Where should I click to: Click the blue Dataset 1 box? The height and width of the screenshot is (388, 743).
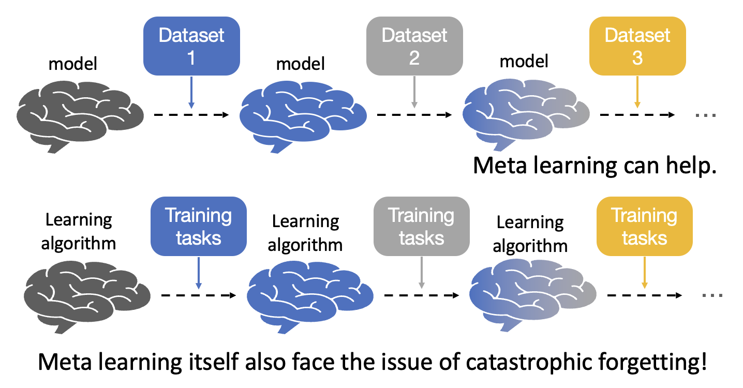(x=191, y=46)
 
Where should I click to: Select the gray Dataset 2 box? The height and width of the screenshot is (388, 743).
(x=414, y=46)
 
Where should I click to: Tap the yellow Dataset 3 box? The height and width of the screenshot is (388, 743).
(x=637, y=46)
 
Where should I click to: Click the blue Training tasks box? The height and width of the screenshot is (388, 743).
(x=198, y=226)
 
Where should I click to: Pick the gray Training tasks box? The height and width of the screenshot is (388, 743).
(x=421, y=226)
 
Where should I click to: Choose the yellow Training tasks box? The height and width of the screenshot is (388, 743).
(x=644, y=226)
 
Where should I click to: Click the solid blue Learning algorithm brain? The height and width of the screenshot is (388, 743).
(x=310, y=295)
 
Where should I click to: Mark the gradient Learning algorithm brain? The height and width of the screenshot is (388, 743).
(x=532, y=295)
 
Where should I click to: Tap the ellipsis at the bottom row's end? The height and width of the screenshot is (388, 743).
(x=712, y=295)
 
